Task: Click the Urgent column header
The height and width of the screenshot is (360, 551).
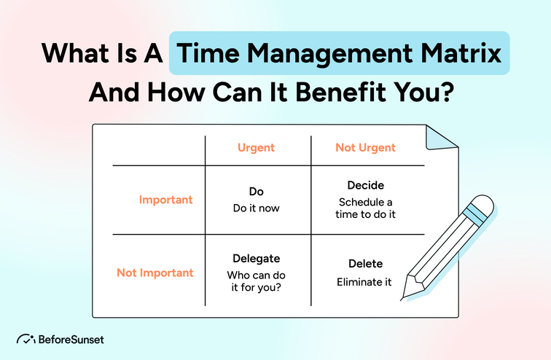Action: pos(256,148)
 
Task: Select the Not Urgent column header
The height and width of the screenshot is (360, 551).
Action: pos(365,148)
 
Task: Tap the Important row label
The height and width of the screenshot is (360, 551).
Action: pos(166,200)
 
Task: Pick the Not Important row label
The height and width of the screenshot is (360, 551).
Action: pos(155,273)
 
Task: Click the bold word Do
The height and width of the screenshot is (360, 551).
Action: pos(256,192)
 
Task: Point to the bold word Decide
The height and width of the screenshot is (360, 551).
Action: pos(365,186)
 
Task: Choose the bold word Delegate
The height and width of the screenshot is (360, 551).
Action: pos(256,259)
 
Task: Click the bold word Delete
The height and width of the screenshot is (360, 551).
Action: pos(365,264)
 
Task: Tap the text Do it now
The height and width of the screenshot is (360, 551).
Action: pos(256,208)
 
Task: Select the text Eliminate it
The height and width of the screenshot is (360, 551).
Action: pos(365,281)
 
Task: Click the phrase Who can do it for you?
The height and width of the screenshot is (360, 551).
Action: pos(256,282)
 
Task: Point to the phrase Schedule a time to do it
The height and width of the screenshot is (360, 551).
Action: pos(365,208)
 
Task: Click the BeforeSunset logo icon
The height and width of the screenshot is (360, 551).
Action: pos(26,340)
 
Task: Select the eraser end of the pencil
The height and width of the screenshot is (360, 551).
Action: pos(483,206)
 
